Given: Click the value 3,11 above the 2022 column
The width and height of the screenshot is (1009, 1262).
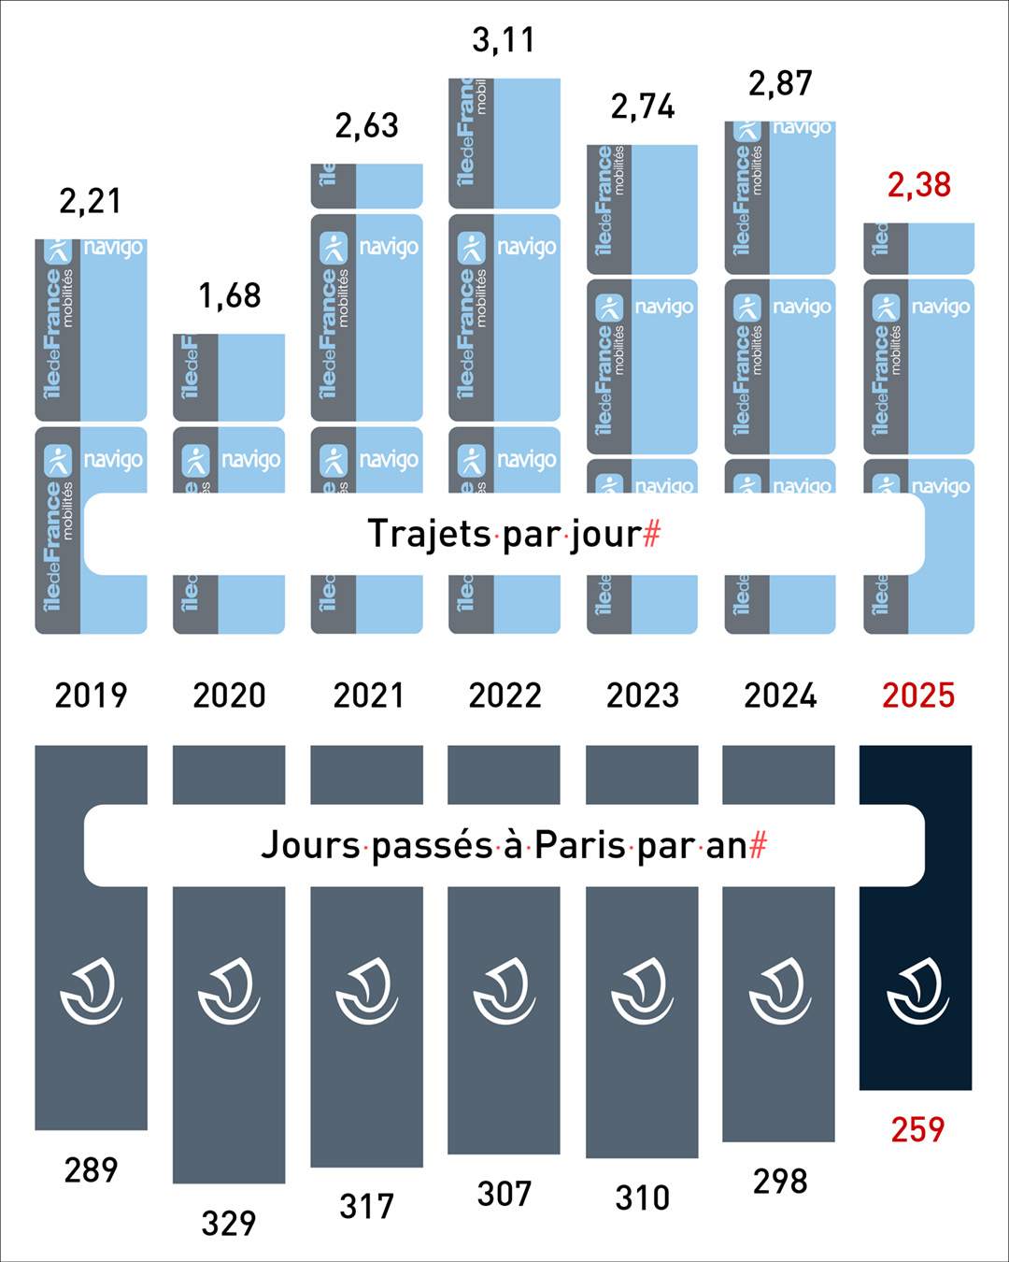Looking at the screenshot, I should tap(504, 40).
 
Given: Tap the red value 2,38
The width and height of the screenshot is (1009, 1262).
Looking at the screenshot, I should tap(919, 185).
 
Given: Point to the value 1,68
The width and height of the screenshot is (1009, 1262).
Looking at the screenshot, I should tap(230, 296).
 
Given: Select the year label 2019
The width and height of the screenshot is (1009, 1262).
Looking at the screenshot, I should tap(91, 696).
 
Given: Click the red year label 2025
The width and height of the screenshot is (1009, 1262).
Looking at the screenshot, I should tap(918, 696).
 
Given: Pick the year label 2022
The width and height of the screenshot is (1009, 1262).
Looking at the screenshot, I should tap(504, 696).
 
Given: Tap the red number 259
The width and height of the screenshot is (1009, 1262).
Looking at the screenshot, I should tap(917, 1130).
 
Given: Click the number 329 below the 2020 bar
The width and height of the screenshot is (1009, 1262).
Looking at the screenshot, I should tap(229, 1224).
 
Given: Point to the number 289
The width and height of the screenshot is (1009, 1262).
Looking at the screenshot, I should tap(91, 1170).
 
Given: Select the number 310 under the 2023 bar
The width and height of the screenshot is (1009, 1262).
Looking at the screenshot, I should tap(643, 1197).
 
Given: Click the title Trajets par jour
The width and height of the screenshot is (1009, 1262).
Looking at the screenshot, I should tap(504, 534).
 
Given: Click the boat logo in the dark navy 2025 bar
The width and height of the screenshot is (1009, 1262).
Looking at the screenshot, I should tap(917, 991).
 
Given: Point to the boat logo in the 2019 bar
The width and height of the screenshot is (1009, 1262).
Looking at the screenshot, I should tap(91, 991).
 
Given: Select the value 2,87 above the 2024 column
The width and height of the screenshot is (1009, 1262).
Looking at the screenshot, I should tap(780, 84).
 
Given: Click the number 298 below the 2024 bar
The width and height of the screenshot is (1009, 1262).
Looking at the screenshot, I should tap(780, 1182).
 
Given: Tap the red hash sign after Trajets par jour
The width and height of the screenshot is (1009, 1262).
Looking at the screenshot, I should tap(652, 534).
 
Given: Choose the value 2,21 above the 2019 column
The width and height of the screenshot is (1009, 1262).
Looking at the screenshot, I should tap(91, 201).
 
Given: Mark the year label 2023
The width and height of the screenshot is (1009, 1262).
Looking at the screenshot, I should tap(643, 696).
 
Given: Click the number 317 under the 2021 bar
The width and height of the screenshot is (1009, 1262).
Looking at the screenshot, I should tap(367, 1207).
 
